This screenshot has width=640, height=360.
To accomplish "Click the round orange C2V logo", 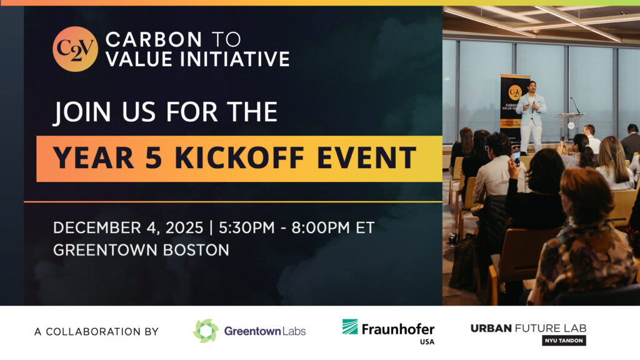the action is [75, 49].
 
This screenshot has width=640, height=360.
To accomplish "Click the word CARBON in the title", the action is [154, 39].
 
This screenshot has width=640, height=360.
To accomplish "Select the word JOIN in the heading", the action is [82, 112].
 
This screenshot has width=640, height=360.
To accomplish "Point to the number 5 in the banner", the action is [154, 157].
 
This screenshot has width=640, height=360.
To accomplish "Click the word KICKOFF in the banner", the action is [239, 157].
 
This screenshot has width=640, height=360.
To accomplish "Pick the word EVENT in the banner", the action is [366, 157].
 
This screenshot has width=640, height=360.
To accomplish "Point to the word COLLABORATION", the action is [93, 331].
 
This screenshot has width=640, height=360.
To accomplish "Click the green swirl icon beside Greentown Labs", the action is [206, 331].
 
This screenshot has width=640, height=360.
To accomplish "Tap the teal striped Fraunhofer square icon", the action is [350, 326].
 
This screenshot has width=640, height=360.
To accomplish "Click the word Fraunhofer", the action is [398, 329].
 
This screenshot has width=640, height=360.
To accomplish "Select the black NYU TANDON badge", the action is [564, 341].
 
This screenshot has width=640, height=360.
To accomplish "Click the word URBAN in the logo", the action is [491, 328].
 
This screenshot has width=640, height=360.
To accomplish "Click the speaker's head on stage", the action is [532, 86].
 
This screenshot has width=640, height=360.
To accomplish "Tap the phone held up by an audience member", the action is [516, 157].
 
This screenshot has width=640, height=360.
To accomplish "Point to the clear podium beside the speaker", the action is [570, 126].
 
